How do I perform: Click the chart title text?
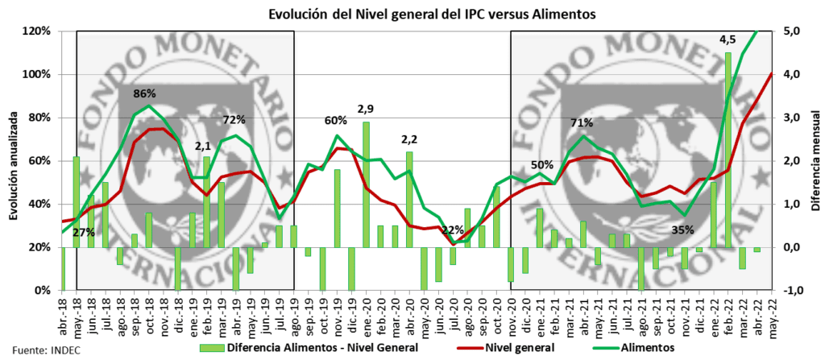412,13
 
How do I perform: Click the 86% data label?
145,93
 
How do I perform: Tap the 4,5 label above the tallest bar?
728,39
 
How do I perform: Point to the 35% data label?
682,230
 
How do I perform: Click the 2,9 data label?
367,108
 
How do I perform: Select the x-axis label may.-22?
771,308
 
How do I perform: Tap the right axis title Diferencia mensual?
815,161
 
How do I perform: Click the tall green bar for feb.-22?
728,150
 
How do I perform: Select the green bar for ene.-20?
366,184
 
